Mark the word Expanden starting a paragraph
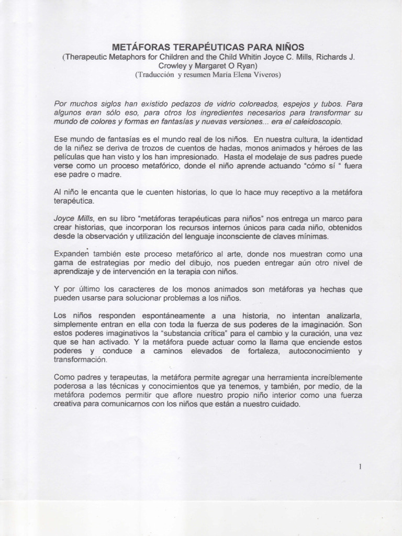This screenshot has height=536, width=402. point(71,253)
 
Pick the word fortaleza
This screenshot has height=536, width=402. point(252,351)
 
